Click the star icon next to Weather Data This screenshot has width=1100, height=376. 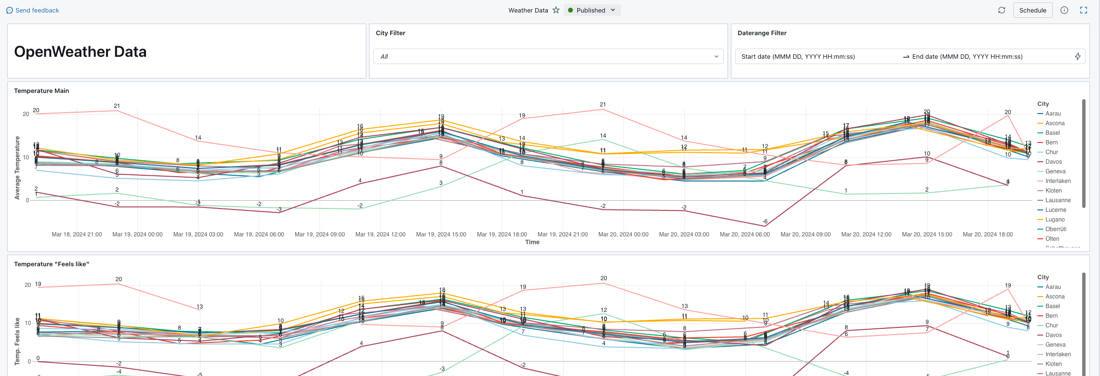(556, 10)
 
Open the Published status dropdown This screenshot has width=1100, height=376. (592, 10)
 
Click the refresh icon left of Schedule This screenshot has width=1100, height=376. (1002, 10)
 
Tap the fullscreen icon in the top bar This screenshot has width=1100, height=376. (1084, 10)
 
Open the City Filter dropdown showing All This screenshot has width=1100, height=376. (548, 56)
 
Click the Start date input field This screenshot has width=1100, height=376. (798, 56)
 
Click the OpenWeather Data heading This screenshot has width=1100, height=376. (80, 52)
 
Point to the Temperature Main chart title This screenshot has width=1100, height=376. (41, 91)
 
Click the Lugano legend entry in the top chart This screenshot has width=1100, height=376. (1055, 220)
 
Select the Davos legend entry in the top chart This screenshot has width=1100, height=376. (1053, 162)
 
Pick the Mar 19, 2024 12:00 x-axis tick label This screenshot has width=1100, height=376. (380, 234)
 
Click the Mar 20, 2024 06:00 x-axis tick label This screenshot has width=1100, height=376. (744, 234)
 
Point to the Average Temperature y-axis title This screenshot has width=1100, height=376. (17, 168)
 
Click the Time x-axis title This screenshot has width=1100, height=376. (532, 242)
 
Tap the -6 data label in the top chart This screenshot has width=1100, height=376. (765, 221)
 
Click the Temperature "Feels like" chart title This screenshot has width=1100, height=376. (52, 264)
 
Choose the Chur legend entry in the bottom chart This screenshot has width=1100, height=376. (1051, 325)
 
